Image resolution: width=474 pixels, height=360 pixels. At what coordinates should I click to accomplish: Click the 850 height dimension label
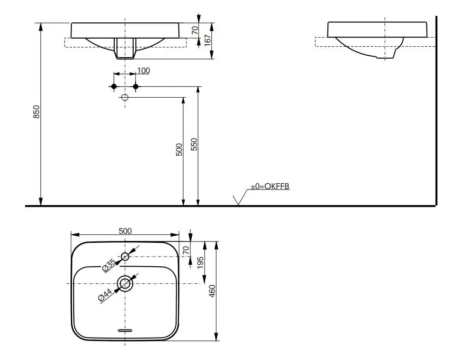[x=36, y=111]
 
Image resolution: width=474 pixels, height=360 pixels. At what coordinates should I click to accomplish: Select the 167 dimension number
[x=207, y=40]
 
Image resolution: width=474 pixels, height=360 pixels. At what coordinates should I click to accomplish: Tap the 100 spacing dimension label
[x=144, y=70]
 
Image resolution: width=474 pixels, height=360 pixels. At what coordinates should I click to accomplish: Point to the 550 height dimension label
[x=194, y=144]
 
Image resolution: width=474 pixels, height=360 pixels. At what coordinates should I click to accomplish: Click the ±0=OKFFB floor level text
[x=270, y=186]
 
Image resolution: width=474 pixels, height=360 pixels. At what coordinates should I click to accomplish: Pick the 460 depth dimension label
[x=212, y=291]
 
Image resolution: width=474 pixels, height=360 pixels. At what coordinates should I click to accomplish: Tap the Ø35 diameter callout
[x=109, y=265]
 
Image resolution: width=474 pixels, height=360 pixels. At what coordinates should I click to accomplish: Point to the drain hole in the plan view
[x=125, y=284]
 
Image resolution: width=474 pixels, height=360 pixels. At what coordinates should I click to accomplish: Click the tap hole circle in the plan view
[x=125, y=257]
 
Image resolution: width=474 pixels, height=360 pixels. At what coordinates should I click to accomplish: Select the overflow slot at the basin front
[x=125, y=330]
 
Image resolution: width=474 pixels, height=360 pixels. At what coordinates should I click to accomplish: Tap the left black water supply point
[x=114, y=87]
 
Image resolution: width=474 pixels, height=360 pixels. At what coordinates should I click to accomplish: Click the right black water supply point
[x=136, y=87]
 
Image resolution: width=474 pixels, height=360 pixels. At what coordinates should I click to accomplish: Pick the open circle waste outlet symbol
[x=125, y=98]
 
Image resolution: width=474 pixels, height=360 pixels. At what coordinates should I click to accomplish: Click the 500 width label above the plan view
[x=125, y=231]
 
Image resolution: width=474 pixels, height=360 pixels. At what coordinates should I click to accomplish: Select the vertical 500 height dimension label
[x=179, y=150]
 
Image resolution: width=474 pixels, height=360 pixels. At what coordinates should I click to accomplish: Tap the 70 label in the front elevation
[x=195, y=30]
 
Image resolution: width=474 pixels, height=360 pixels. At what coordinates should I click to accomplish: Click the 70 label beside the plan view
[x=186, y=250]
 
